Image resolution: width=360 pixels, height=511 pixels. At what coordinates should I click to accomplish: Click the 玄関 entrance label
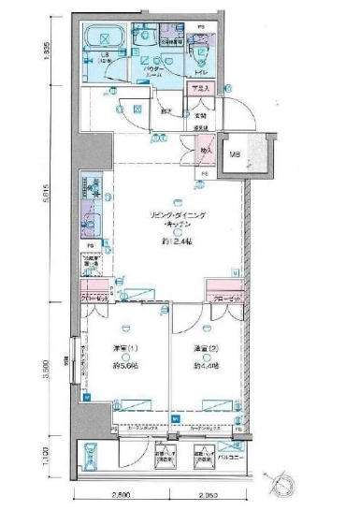[200, 116]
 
